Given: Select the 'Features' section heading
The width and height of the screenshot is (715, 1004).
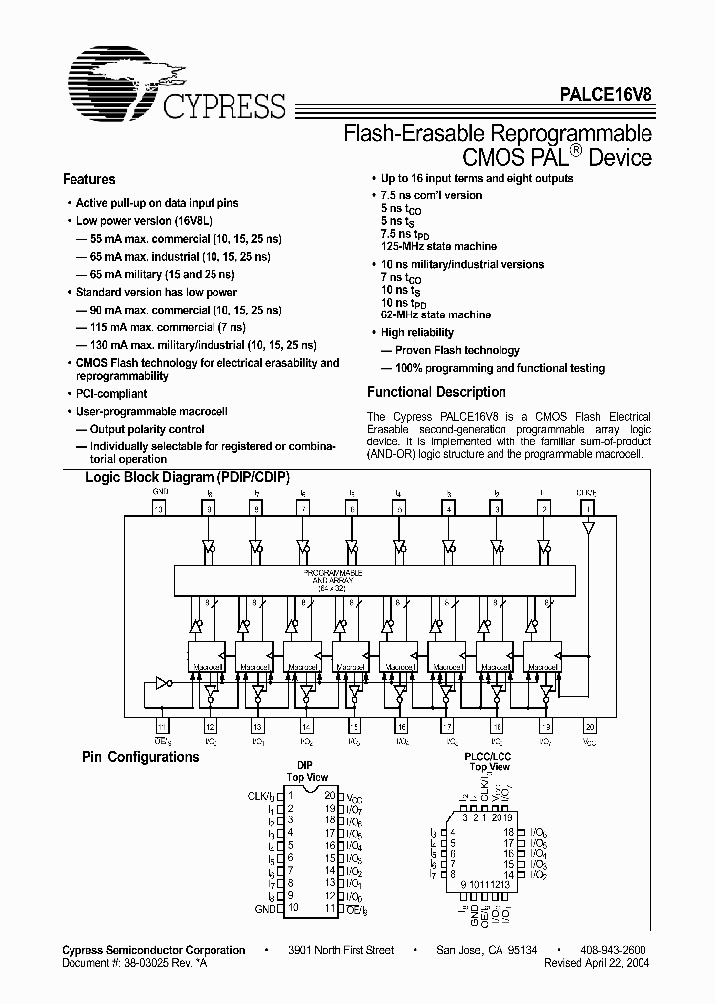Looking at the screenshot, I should (88, 180).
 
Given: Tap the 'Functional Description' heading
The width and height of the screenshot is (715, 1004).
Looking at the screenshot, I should (436, 392).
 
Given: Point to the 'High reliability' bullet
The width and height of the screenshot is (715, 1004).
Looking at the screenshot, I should (417, 333).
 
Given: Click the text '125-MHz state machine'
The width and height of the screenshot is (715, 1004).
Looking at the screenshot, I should (436, 245).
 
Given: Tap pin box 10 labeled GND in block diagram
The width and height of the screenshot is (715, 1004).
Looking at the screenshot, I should (160, 508).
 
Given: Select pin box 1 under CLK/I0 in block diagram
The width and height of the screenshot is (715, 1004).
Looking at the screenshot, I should (590, 508).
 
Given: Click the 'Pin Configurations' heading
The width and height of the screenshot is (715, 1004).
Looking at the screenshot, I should (140, 757).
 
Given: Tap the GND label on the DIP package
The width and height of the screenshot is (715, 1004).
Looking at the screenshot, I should (264, 907).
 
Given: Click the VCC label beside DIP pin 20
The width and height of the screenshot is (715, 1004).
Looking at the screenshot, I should (357, 796).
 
